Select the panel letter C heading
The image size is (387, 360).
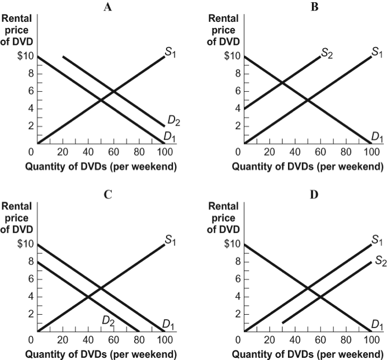pyautogui.click(x=107, y=195)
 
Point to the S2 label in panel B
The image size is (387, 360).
pyautogui.click(x=326, y=54)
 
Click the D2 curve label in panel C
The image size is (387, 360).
pyautogui.click(x=108, y=320)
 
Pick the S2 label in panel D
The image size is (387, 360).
pyautogui.click(x=381, y=262)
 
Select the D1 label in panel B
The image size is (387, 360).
pyautogui.click(x=377, y=137)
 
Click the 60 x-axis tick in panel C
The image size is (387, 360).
pyautogui.click(x=114, y=339)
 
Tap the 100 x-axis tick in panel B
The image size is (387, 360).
pyautogui.click(x=371, y=151)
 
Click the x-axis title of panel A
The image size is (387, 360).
pyautogui.click(x=105, y=166)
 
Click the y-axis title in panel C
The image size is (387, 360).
pyautogui.click(x=17, y=217)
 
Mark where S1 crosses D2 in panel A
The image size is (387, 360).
pyautogui.click(x=114, y=91)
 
